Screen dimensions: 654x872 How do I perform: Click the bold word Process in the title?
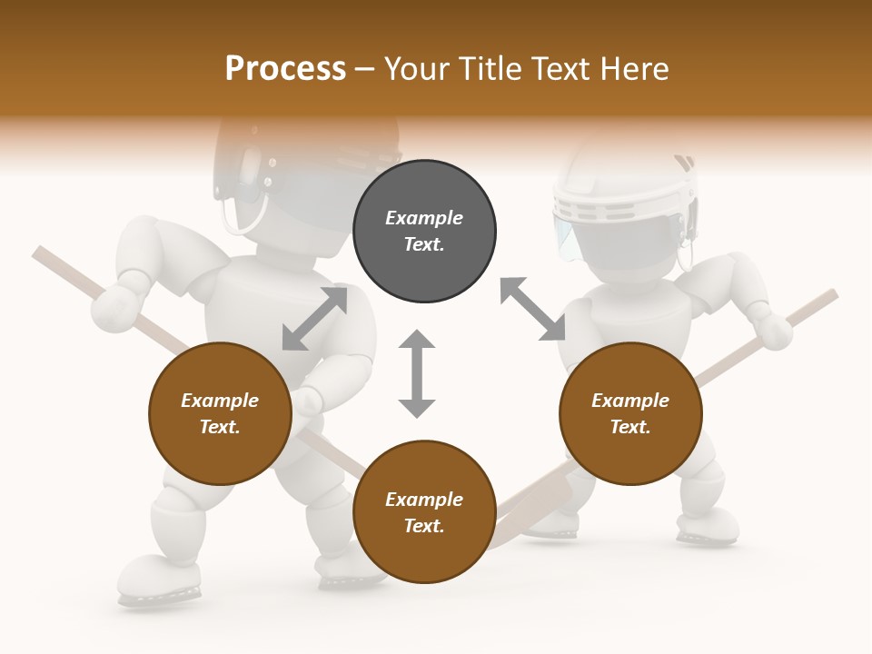tap(285, 68)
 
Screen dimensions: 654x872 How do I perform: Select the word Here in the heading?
tap(635, 68)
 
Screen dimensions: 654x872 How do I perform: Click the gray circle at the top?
tap(424, 232)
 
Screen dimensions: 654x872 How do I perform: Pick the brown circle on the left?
tap(220, 414)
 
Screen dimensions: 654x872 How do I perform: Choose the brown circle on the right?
tap(630, 414)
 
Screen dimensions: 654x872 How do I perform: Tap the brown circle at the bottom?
tap(424, 512)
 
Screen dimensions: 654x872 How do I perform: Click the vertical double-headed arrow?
tap(417, 374)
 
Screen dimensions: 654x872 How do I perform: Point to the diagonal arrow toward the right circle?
tap(532, 310)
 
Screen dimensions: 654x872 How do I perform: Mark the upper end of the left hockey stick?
tap(41, 253)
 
